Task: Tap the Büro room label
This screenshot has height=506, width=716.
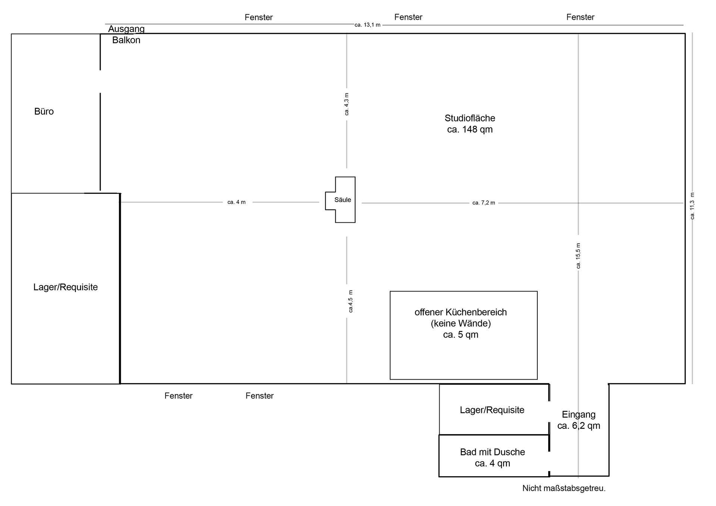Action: click(44, 111)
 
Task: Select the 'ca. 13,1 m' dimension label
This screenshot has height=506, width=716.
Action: click(367, 25)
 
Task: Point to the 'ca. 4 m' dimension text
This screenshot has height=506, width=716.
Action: click(236, 202)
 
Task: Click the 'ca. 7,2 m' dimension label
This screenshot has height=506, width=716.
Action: click(484, 203)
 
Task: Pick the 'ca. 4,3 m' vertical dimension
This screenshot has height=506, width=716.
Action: click(347, 104)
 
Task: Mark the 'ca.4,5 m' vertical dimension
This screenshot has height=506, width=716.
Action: click(350, 301)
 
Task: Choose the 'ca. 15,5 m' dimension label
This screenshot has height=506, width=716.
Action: click(578, 256)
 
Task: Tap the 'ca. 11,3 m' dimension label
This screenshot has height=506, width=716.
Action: click(693, 206)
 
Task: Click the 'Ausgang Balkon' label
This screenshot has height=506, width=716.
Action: click(126, 34)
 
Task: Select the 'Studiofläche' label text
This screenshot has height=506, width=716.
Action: click(470, 118)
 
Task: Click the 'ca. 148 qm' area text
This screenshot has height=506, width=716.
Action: click(470, 129)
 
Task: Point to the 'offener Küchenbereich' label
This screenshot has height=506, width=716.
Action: click(461, 312)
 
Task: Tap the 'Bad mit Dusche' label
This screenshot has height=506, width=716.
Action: click(492, 452)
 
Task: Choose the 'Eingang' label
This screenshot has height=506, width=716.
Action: click(579, 414)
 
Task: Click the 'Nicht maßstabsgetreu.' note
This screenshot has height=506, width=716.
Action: click(564, 488)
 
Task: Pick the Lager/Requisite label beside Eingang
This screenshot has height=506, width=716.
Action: click(492, 410)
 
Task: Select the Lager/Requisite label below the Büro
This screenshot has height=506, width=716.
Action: click(66, 287)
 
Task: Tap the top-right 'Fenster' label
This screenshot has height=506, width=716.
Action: click(580, 17)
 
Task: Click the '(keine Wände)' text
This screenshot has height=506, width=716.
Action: click(461, 323)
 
